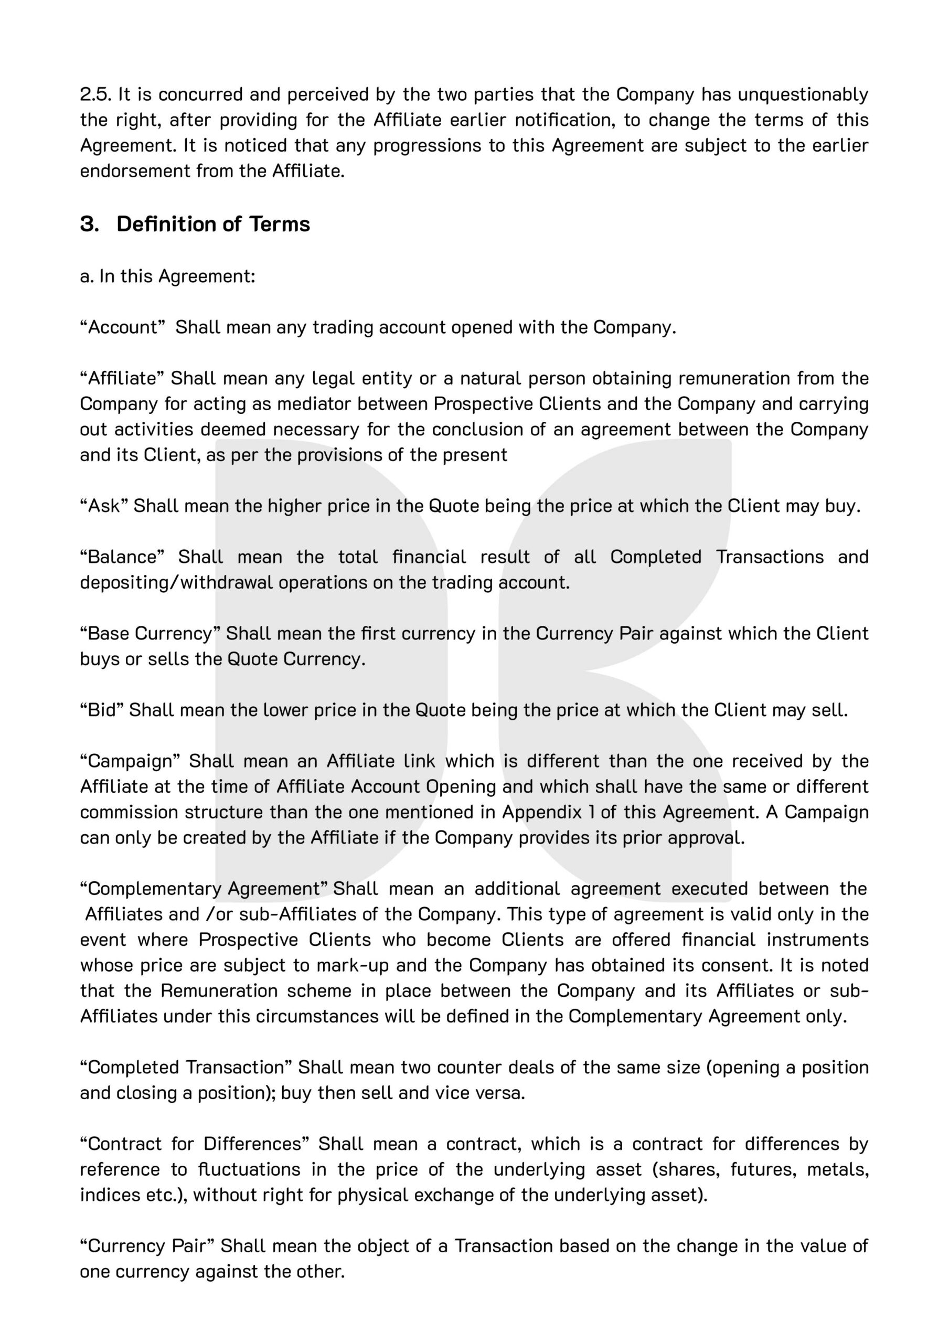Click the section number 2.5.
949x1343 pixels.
coord(95,94)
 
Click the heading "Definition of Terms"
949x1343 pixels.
coord(213,224)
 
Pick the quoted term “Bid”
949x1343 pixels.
coord(101,710)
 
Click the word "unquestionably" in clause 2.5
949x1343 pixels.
coord(803,94)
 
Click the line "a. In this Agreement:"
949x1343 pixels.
coord(167,275)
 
